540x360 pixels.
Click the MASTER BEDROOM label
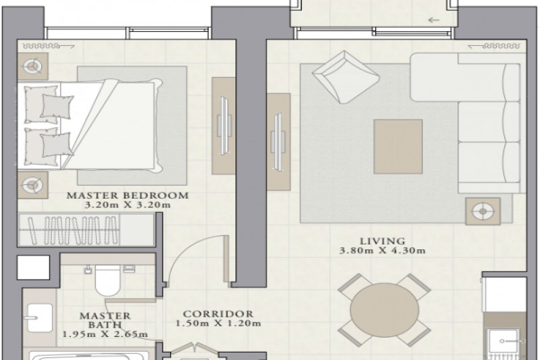click(x=128, y=195)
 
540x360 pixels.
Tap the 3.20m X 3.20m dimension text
click(x=128, y=205)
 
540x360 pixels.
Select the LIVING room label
click(x=382, y=241)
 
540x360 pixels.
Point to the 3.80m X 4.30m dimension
click(x=382, y=251)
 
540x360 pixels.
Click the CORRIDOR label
click(x=218, y=314)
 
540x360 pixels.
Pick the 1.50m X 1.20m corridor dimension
click(x=218, y=324)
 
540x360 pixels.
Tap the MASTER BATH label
click(x=105, y=320)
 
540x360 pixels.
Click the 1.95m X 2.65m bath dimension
click(x=105, y=334)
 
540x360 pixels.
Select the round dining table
click(x=385, y=310)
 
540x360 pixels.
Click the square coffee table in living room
click(x=398, y=147)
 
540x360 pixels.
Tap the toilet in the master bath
click(x=107, y=279)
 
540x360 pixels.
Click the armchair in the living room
click(x=346, y=77)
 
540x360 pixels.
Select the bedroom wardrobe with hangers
click(x=86, y=230)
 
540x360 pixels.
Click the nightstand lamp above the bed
click(x=32, y=66)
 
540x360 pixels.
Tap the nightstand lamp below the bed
click(x=32, y=185)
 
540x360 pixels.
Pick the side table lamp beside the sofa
click(x=483, y=211)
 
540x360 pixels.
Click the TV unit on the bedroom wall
click(x=223, y=126)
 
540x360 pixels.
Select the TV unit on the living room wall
click(x=279, y=142)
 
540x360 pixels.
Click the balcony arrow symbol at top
click(x=434, y=20)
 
